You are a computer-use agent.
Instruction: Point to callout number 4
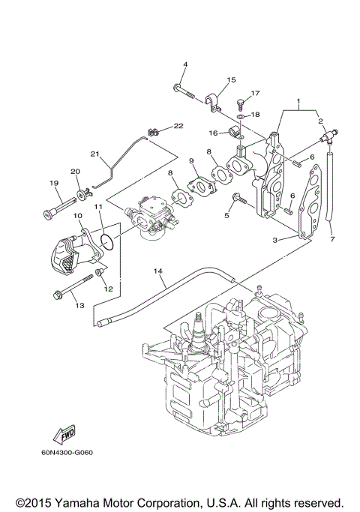[x=184, y=65]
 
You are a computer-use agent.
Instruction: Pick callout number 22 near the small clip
[x=178, y=125]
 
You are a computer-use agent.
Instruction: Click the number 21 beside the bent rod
[x=95, y=154]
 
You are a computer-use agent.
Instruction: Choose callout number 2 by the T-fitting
[x=320, y=121]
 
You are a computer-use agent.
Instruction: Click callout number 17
[x=256, y=94]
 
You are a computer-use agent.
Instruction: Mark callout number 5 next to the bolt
[x=226, y=215]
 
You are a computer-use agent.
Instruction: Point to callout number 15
[x=231, y=79]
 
